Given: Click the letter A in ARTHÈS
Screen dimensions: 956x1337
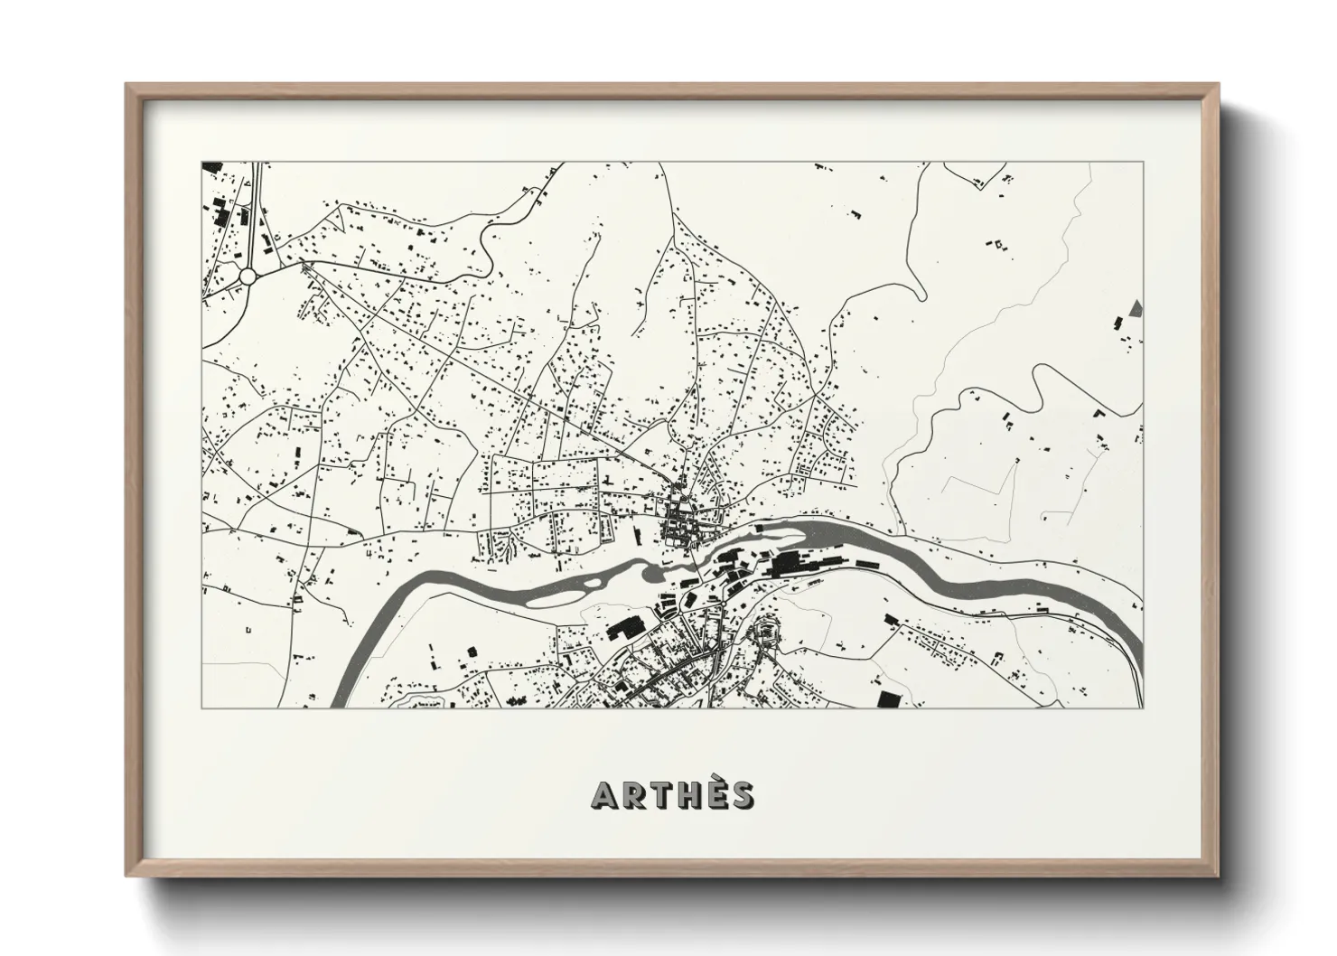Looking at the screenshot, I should (603, 795).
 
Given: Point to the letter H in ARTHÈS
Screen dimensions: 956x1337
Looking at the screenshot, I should (688, 795).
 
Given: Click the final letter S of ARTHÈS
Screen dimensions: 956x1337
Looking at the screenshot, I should (742, 795).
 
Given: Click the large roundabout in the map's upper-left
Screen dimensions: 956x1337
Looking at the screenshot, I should (248, 276).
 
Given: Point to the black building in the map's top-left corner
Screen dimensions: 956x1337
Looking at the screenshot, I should (212, 166).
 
